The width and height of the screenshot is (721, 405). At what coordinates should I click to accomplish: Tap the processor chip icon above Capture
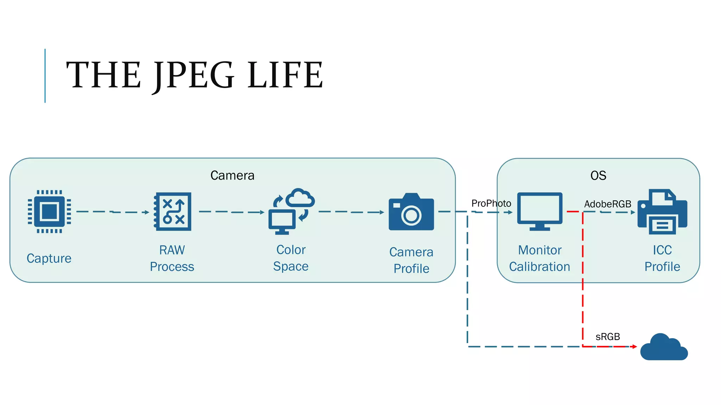(49, 212)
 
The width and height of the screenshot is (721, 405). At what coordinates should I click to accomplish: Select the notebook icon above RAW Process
(173, 212)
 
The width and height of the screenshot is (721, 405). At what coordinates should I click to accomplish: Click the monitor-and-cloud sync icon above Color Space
(291, 211)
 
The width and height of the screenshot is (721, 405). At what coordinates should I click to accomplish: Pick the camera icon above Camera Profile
(411, 212)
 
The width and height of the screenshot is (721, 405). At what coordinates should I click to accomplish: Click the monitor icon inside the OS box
(540, 211)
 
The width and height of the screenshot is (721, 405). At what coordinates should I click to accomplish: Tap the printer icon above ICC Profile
(662, 212)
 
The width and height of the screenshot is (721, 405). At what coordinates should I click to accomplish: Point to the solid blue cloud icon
(664, 348)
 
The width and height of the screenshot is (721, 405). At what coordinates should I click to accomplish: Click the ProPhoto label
(491, 203)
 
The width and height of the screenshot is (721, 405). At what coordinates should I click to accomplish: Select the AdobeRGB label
(607, 204)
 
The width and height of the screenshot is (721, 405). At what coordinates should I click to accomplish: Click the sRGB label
(607, 337)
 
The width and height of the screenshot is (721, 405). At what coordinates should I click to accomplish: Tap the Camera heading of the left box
(232, 175)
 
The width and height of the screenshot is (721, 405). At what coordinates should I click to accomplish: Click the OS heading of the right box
(598, 175)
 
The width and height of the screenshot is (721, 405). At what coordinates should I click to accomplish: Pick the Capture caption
(49, 258)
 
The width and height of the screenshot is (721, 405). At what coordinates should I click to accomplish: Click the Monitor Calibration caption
(539, 258)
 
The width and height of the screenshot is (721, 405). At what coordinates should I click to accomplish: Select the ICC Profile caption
(662, 258)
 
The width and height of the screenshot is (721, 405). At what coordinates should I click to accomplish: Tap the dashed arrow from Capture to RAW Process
(113, 212)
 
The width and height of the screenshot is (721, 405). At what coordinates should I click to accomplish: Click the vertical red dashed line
(583, 281)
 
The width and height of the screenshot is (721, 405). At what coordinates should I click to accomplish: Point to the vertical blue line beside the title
(45, 76)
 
